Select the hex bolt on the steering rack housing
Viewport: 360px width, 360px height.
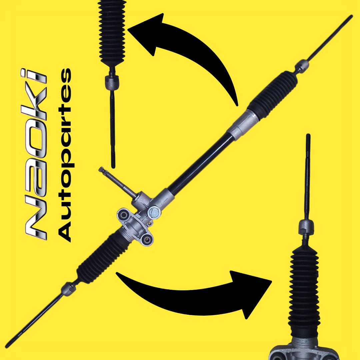click(x=154, y=213)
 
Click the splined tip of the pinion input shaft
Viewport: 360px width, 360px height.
click(x=101, y=170)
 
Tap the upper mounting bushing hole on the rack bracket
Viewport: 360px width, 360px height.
click(x=124, y=215)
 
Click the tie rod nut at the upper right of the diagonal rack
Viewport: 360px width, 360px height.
click(x=302, y=66)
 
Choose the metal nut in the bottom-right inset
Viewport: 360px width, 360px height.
click(x=306, y=227)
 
